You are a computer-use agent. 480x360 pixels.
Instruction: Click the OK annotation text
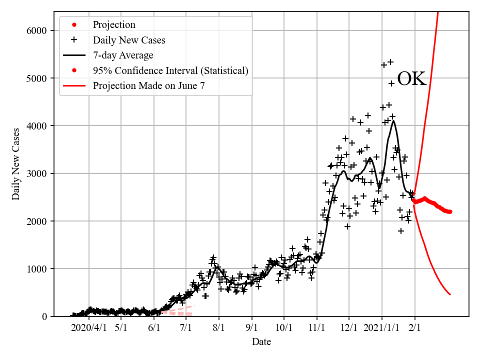click(x=411, y=79)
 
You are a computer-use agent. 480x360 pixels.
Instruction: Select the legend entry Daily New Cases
click(x=129, y=40)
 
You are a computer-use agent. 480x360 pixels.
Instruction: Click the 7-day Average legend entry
click(x=123, y=55)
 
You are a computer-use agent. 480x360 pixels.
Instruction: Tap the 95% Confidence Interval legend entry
click(x=170, y=70)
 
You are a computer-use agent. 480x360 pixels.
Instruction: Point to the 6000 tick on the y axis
click(x=36, y=30)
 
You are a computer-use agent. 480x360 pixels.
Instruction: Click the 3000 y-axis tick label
click(x=36, y=173)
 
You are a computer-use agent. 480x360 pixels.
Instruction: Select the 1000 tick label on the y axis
click(x=36, y=269)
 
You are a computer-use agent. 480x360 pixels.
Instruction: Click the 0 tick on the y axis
click(x=44, y=316)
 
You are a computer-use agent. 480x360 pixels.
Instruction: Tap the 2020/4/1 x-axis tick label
click(x=89, y=328)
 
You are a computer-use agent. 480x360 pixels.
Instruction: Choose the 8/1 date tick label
click(x=218, y=328)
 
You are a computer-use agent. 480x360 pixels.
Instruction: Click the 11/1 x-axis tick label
click(x=316, y=328)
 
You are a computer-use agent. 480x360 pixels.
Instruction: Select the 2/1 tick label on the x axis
click(x=414, y=328)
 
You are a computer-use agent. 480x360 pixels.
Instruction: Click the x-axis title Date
click(x=261, y=342)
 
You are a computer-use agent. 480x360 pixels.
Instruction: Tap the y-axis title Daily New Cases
click(x=16, y=163)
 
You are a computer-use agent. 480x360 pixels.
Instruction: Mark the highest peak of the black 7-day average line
click(x=394, y=121)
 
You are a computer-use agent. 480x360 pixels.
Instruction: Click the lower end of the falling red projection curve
click(x=450, y=294)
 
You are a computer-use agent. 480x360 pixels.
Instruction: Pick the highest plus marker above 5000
click(x=390, y=62)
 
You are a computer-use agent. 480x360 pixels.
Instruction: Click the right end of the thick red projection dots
click(x=450, y=211)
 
